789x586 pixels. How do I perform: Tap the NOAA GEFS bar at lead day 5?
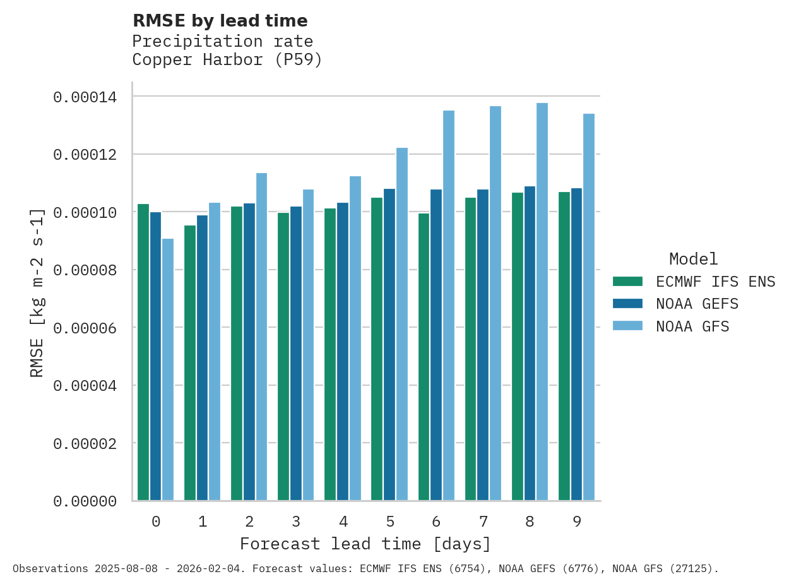[x=389, y=345]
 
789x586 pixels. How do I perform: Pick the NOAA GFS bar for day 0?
[x=168, y=369]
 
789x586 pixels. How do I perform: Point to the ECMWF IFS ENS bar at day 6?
[x=424, y=357]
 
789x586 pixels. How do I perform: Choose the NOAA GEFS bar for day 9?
[x=577, y=344]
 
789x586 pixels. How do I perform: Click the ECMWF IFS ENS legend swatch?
[x=627, y=281]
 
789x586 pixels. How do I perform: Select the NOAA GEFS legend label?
[x=697, y=304]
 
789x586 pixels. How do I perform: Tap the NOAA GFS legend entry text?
[x=692, y=326]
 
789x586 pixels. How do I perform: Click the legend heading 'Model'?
[x=694, y=259]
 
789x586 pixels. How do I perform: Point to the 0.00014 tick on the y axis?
[x=85, y=97]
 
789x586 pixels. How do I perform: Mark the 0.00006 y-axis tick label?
[x=85, y=328]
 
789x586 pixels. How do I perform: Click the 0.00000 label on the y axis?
[x=85, y=501]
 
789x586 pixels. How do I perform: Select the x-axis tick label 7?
[x=483, y=522]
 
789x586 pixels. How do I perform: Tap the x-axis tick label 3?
[x=296, y=522]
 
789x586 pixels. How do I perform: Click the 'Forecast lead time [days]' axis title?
[x=365, y=544]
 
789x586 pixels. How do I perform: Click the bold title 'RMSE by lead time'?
[x=220, y=21]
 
